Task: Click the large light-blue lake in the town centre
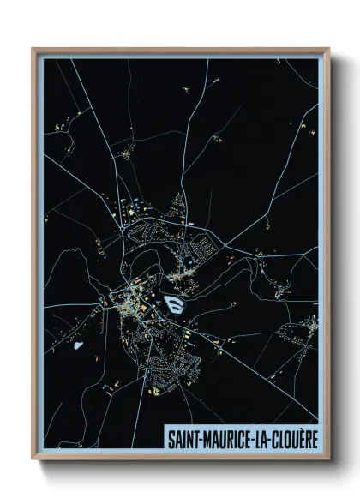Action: coord(174,303)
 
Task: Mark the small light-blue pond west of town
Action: coord(80,346)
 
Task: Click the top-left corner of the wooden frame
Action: coord(33,49)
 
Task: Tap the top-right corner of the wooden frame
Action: coord(329,49)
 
